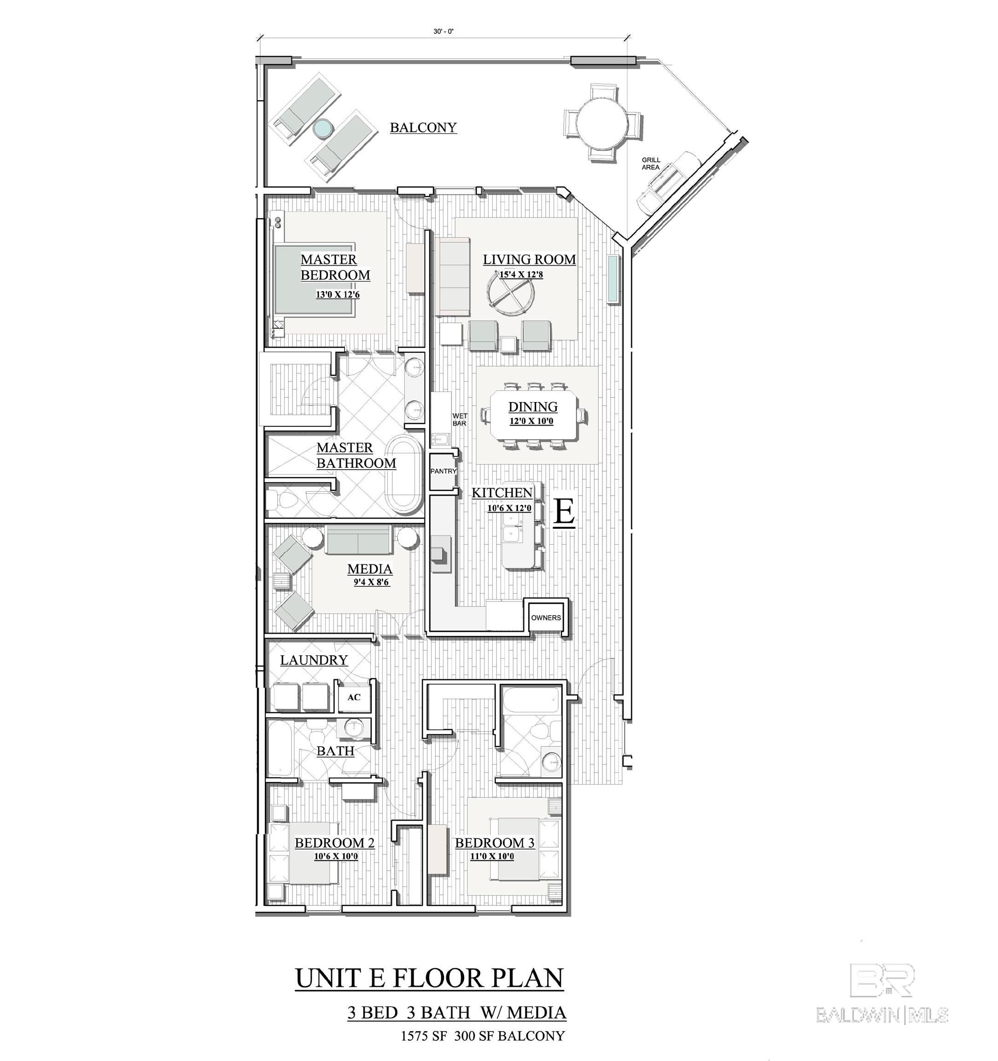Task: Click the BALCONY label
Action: [x=423, y=128]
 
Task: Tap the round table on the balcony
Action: [x=603, y=121]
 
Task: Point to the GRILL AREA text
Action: [x=651, y=163]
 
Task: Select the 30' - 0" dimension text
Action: [x=443, y=31]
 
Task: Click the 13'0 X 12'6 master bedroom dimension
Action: [x=337, y=294]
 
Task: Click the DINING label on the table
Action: [x=533, y=407]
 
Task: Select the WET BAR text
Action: [x=460, y=420]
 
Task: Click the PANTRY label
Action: [x=444, y=471]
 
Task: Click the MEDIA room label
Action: [x=370, y=569]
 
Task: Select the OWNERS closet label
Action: [x=546, y=618]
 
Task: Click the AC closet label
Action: [x=354, y=697]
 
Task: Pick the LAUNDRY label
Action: [x=314, y=660]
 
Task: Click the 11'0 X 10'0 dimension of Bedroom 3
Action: [x=492, y=857]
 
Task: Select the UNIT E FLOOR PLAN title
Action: [x=429, y=978]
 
